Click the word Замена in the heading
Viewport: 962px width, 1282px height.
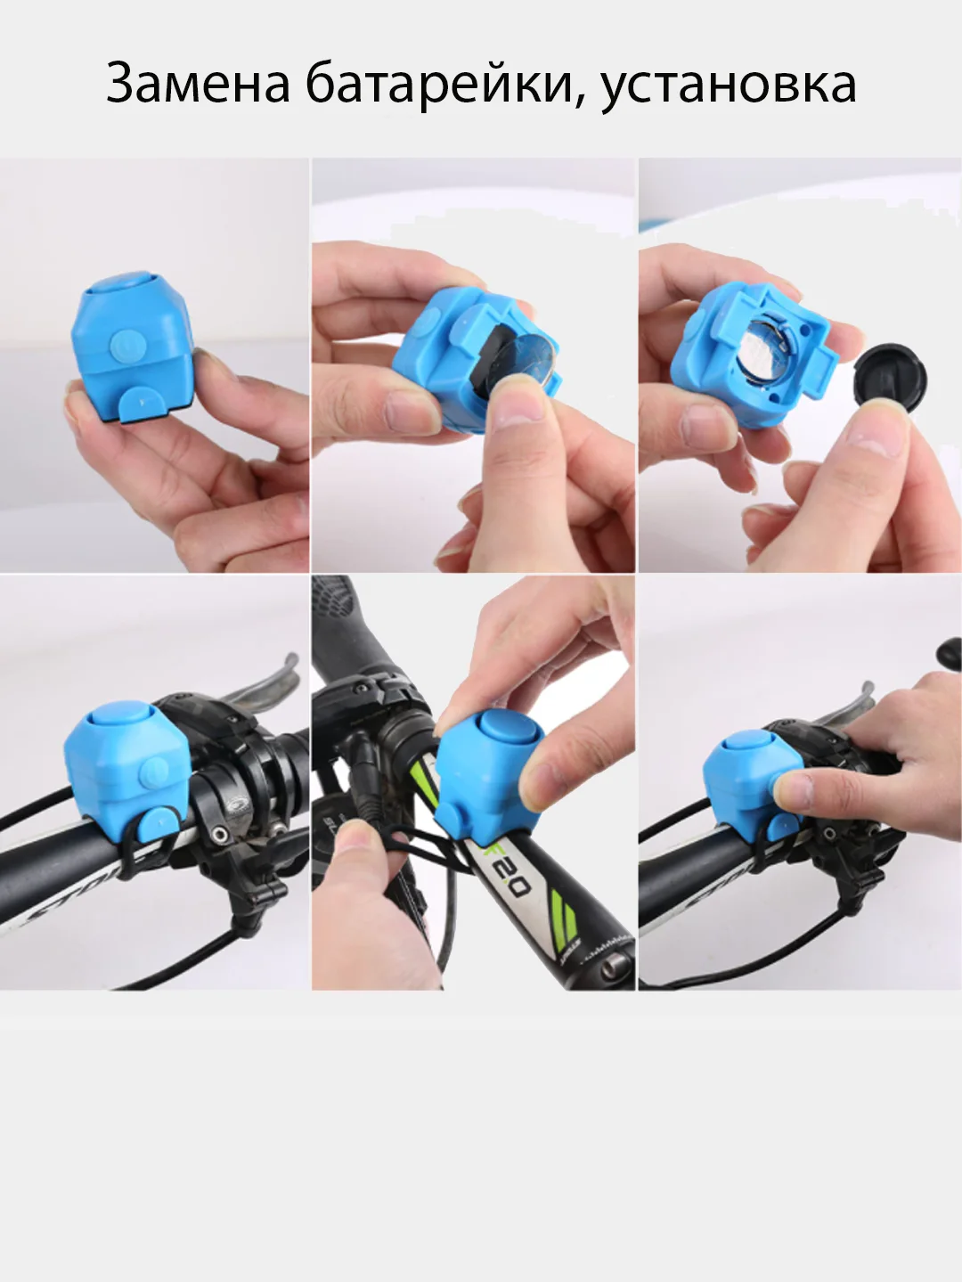198,84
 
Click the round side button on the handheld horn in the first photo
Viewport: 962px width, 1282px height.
126,345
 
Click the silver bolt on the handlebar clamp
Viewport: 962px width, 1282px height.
221,834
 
